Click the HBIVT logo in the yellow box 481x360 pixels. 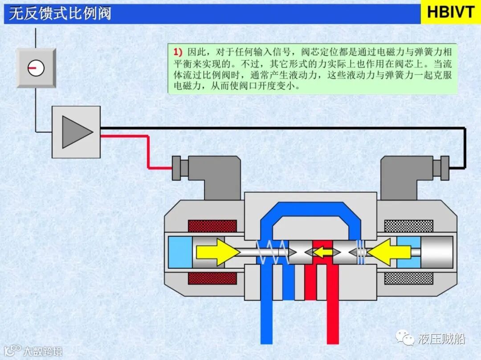coord(450,12)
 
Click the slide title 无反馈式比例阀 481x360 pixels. coord(60,13)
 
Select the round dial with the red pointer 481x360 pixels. coord(36,68)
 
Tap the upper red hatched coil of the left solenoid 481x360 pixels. coord(212,226)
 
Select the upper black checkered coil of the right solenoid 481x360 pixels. coord(408,226)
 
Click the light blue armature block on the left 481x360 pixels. coord(180,252)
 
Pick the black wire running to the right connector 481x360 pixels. coord(285,128)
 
